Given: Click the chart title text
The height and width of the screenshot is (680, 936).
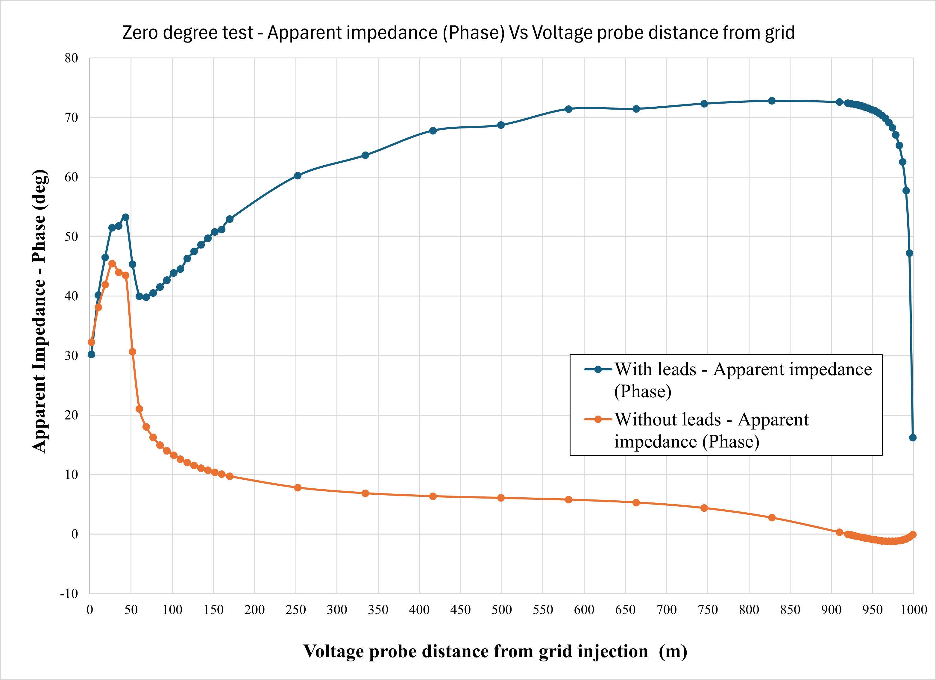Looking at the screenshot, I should pyautogui.click(x=458, y=33).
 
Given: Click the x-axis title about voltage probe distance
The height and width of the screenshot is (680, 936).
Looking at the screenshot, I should pyautogui.click(x=495, y=651).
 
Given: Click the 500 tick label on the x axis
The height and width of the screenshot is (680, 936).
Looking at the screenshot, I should pyautogui.click(x=501, y=610).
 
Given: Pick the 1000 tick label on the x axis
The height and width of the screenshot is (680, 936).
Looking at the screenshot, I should pyautogui.click(x=913, y=610).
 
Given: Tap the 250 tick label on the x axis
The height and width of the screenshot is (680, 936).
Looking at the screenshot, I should pyautogui.click(x=295, y=610).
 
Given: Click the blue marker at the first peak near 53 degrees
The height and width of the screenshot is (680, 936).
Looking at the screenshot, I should pyautogui.click(x=125, y=217).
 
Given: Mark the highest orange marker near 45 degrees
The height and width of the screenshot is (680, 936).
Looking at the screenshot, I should pyautogui.click(x=112, y=263).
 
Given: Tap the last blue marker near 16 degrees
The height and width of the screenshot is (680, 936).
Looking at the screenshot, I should pyautogui.click(x=912, y=438).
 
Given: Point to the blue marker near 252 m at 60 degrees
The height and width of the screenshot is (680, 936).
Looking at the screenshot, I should pyautogui.click(x=298, y=175).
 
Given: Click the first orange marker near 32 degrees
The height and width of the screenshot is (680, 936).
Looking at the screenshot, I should pyautogui.click(x=92, y=342).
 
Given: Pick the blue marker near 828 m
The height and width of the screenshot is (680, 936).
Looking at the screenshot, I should pyautogui.click(x=772, y=101).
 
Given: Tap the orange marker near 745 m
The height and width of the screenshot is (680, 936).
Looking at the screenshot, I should pyautogui.click(x=704, y=508).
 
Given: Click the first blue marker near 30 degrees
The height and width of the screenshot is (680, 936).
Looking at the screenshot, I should pyautogui.click(x=92, y=354).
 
